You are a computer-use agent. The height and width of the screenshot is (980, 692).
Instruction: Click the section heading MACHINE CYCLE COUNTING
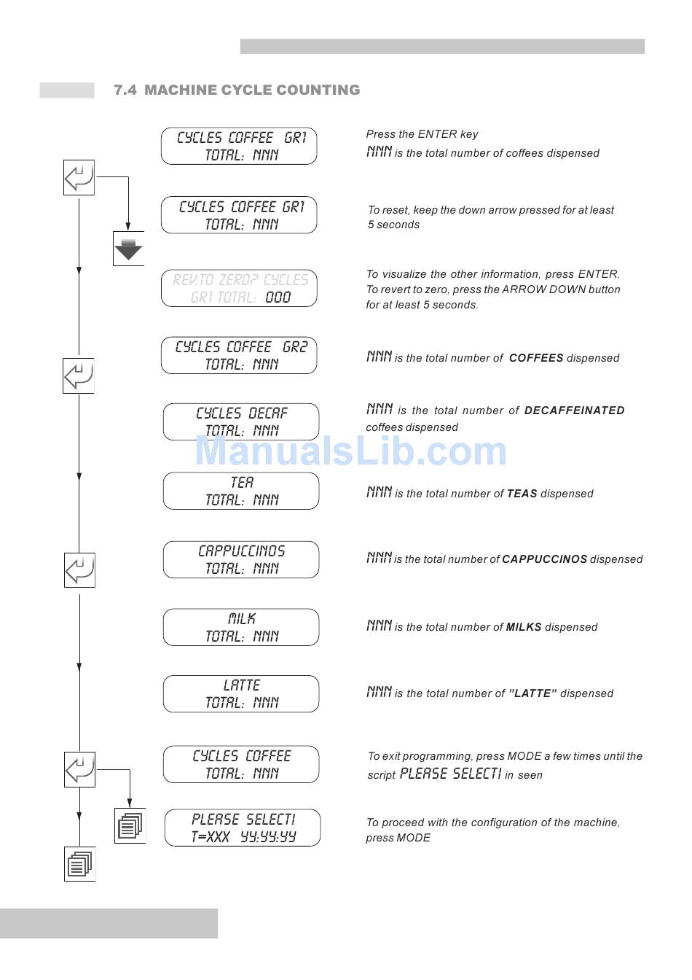[x=237, y=90]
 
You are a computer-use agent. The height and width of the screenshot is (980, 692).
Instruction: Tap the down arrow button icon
[x=129, y=249]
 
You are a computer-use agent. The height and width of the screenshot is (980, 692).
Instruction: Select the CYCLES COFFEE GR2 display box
[x=239, y=356]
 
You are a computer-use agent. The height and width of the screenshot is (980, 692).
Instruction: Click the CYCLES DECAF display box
[x=241, y=422]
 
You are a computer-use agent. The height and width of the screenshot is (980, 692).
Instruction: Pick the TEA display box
[x=241, y=491]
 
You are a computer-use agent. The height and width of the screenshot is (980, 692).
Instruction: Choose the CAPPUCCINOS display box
[x=241, y=560]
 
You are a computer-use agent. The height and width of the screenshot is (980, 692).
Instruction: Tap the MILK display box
[x=241, y=628]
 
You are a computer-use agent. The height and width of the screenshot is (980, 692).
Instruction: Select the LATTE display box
[x=241, y=694]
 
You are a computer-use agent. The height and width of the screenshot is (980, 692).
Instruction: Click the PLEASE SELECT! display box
[x=243, y=828]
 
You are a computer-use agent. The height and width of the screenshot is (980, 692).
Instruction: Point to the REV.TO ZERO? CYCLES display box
[x=239, y=289]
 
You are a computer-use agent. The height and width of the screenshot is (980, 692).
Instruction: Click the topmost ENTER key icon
[x=79, y=177]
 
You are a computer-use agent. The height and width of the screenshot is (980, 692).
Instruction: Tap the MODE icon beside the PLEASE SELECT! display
[x=130, y=826]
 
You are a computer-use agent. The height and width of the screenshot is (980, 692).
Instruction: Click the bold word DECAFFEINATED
[x=574, y=411]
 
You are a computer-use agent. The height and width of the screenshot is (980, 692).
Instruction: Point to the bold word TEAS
[x=522, y=494]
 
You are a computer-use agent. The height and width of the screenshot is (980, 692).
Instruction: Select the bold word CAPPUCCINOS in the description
[x=544, y=559]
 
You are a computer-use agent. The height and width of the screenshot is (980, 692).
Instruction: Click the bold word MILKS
[x=523, y=627]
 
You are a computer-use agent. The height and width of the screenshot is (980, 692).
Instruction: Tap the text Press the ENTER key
[x=422, y=134]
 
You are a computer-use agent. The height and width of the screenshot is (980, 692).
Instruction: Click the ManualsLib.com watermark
[x=350, y=451]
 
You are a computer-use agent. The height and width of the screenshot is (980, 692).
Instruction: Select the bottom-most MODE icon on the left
[x=80, y=864]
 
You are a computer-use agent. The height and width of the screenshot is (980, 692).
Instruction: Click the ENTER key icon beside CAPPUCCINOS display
[x=79, y=570]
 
